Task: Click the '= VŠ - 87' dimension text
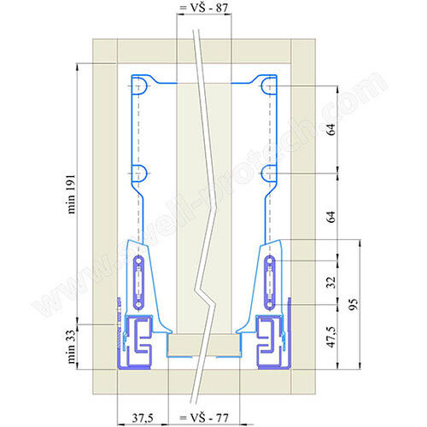pyautogui.click(x=204, y=8)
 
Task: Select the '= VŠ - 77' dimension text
pyautogui.click(x=204, y=418)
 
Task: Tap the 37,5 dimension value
pyautogui.click(x=143, y=418)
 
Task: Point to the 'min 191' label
pyautogui.click(x=72, y=194)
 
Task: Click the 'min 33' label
pyautogui.click(x=72, y=347)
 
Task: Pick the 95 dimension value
pyautogui.click(x=354, y=304)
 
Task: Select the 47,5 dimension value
pyautogui.click(x=331, y=336)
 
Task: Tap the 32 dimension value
pyautogui.click(x=331, y=283)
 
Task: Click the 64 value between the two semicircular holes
pyautogui.click(x=331, y=129)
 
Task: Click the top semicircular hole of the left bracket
pyautogui.click(x=142, y=85)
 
